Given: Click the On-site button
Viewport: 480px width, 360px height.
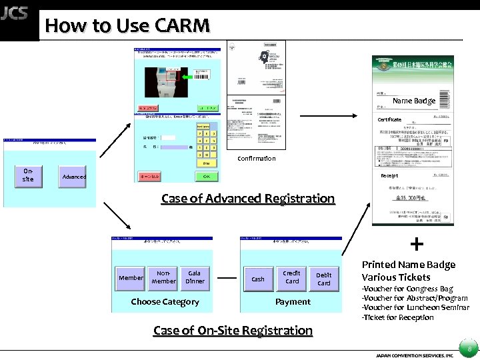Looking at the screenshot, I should click(28, 175).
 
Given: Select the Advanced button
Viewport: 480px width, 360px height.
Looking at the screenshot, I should click(74, 177).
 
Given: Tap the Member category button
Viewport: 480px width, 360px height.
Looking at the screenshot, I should click(131, 277).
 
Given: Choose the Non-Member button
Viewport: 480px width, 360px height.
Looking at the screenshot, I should click(163, 277).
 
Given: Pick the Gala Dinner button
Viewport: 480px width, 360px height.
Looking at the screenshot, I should click(195, 277).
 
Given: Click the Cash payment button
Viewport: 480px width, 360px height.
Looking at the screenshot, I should click(258, 279).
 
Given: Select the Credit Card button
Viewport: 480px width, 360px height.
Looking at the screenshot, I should click(292, 277).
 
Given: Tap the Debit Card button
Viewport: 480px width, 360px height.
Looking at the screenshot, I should click(324, 279).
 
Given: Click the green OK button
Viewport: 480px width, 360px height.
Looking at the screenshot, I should click(207, 177).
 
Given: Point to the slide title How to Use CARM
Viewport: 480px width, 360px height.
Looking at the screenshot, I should click(127, 26).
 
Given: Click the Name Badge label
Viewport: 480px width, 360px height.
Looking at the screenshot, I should click(413, 101).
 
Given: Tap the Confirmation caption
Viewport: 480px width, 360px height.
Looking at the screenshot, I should click(257, 159).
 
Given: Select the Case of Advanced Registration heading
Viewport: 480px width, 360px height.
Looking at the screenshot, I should click(248, 199).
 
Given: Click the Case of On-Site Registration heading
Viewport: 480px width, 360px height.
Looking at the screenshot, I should click(233, 331).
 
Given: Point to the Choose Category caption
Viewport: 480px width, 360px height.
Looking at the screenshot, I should click(165, 302).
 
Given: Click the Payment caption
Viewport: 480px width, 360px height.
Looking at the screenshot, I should click(293, 302).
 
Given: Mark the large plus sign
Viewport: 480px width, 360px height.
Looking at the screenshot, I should click(417, 244).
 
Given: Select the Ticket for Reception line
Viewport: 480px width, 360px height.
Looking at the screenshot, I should click(398, 317).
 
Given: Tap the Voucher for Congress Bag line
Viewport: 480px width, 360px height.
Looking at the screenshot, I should click(407, 289).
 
